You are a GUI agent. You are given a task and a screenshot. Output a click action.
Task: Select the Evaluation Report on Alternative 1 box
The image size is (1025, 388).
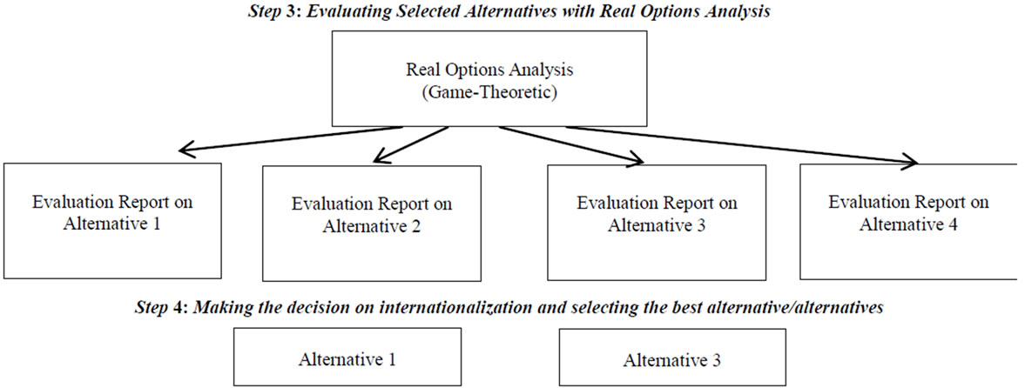pyautogui.click(x=112, y=222)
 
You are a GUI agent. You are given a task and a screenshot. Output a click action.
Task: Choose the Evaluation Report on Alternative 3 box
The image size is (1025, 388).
pyautogui.click(x=657, y=222)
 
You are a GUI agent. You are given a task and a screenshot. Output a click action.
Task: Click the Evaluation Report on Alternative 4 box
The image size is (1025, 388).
pyautogui.click(x=908, y=222)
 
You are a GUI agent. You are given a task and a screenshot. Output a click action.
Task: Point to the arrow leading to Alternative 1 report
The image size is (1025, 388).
pyautogui.click(x=291, y=140)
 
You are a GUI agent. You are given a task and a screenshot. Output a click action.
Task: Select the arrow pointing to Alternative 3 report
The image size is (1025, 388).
pyautogui.click(x=572, y=144)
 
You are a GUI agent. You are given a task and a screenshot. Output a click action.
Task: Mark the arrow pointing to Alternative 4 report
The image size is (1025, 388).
pyautogui.click(x=742, y=145)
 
